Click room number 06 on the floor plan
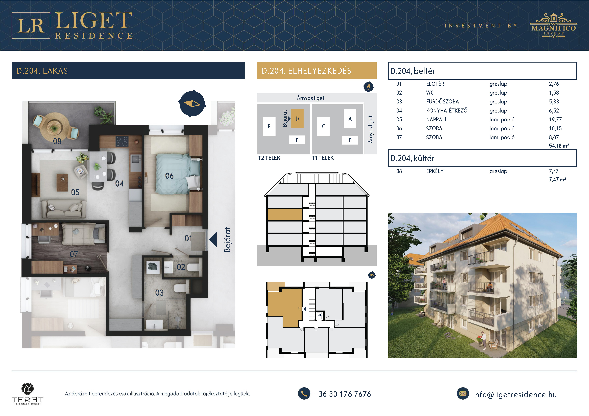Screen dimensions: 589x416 tap(169, 176)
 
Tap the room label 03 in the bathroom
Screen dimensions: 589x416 tap(159, 293)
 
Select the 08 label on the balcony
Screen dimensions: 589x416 tap(57, 141)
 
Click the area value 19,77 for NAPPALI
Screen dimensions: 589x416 tap(555, 120)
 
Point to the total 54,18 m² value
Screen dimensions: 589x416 tap(559, 146)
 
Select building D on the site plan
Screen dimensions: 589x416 tap(297, 119)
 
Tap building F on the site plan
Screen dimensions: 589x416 tap(269, 126)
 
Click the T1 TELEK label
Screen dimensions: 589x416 tap(323, 158)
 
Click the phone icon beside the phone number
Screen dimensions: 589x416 tap(304, 394)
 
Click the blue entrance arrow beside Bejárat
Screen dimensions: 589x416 tap(213, 240)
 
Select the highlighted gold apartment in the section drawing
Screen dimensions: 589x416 tap(285, 214)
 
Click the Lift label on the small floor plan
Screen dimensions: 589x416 tap(319, 315)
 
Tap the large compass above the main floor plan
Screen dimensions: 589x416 tap(192, 103)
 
